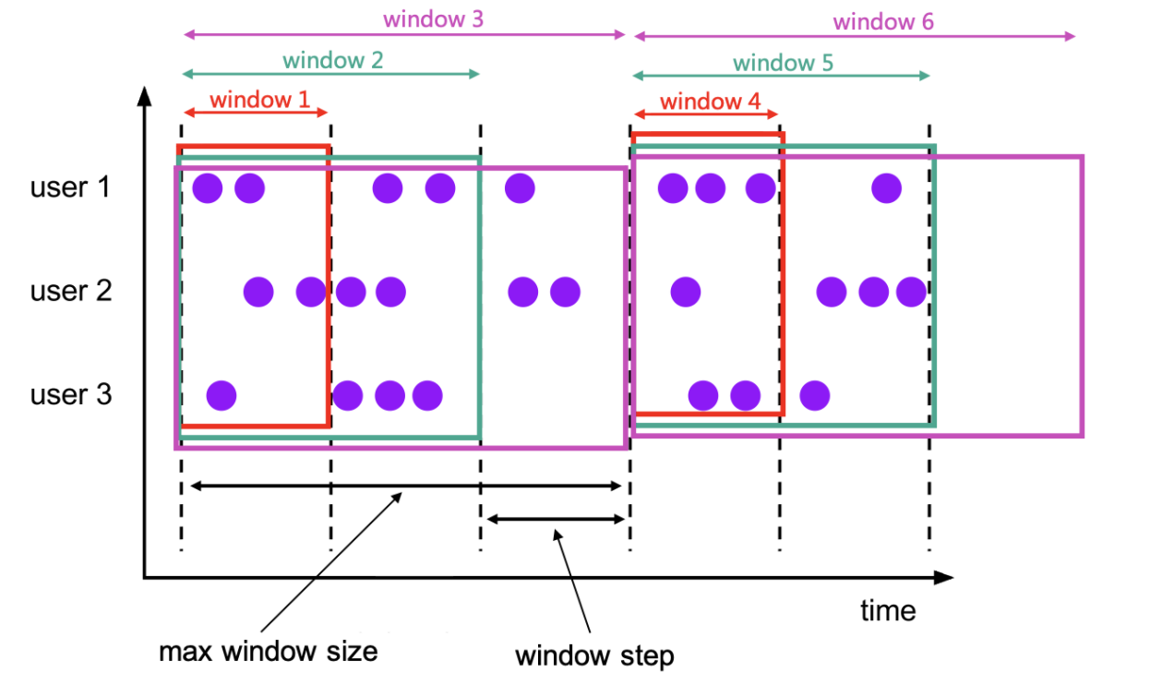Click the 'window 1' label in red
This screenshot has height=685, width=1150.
pos(260,100)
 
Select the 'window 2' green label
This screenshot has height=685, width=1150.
pos(332,61)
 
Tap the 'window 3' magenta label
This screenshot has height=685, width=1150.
pos(433,19)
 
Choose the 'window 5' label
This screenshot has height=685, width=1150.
pos(783,63)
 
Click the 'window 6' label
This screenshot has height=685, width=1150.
pos(883,21)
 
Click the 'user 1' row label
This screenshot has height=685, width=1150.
pos(70,187)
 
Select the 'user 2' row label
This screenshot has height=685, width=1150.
pos(70,292)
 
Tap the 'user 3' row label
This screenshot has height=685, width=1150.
pos(70,395)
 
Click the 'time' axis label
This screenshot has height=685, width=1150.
pos(888,610)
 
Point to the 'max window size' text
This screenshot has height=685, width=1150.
pos(269,651)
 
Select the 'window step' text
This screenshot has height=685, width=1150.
pos(594,656)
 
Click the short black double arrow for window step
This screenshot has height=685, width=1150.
pos(556,520)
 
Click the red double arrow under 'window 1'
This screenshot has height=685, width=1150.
pos(256,113)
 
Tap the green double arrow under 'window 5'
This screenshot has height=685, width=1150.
pos(781,76)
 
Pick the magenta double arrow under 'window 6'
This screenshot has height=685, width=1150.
pos(854,36)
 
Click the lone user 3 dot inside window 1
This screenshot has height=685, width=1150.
pos(222,396)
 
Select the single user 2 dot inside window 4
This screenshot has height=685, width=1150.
pos(685,293)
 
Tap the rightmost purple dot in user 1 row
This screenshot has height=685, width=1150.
pos(887,188)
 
